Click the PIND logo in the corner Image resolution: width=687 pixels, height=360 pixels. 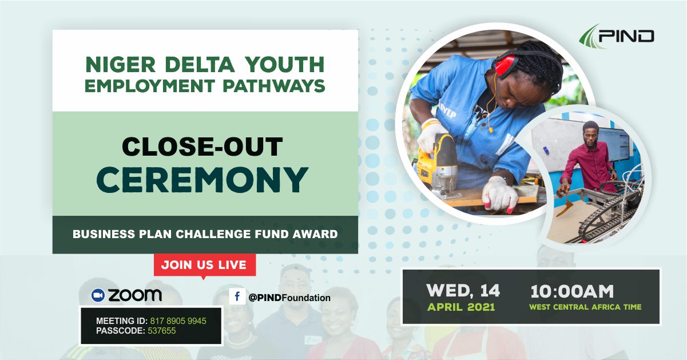click(617, 37)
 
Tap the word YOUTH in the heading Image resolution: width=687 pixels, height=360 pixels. click(285, 65)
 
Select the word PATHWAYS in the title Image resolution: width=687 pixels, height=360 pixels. click(274, 86)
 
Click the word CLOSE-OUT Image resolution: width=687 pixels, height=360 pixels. click(202, 147)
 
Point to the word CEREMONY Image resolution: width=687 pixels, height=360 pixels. click(202, 180)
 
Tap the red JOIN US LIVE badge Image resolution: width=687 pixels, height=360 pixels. click(205, 265)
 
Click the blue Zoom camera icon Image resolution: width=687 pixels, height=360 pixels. click(98, 295)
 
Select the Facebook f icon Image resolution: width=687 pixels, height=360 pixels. click(237, 296)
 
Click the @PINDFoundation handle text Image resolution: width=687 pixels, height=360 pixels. click(289, 298)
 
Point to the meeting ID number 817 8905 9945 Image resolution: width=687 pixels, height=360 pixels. click(178, 321)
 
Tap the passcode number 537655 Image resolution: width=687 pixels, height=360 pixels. click(162, 331)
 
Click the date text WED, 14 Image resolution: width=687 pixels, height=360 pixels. click(463, 290)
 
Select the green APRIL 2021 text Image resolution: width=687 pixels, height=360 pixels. click(461, 307)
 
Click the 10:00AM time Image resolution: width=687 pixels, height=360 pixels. click(572, 291)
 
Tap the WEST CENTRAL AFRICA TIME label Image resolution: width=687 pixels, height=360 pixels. click(585, 307)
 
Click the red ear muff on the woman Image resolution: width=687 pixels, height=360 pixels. click(506, 65)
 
